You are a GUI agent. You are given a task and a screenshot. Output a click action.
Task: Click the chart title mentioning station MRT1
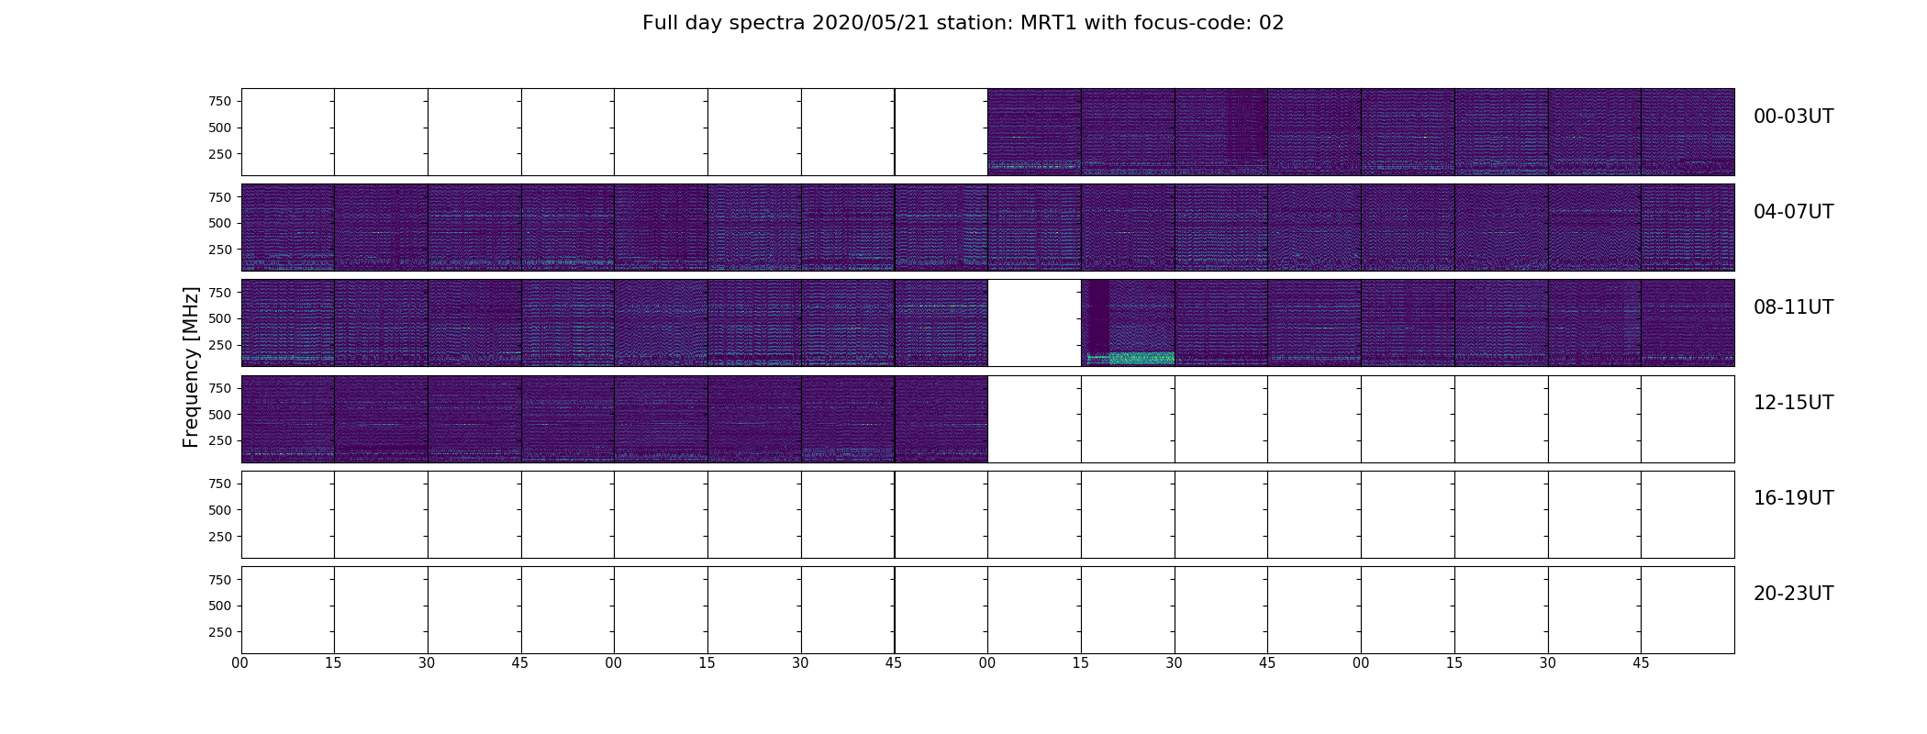pos(963,23)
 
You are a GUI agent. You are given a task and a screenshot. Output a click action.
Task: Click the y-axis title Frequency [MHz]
pos(191,367)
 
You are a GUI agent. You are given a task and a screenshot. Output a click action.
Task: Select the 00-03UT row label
pos(1793,117)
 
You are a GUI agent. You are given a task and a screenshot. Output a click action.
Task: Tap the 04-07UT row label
pos(1793,212)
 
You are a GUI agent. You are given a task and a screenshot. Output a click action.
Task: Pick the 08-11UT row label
pos(1793,307)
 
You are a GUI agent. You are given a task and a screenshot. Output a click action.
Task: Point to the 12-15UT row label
pos(1793,403)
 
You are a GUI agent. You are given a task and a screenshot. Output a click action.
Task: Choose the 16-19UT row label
pos(1793,498)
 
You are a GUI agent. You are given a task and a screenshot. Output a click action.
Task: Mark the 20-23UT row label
pos(1793,594)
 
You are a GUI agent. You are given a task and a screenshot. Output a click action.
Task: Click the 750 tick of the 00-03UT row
pos(220,101)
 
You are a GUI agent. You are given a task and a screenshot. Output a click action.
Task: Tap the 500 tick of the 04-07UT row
pos(220,223)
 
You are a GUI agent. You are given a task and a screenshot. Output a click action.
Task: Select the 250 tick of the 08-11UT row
pos(220,345)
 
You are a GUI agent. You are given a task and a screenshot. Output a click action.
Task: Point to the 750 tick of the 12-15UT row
pos(220,388)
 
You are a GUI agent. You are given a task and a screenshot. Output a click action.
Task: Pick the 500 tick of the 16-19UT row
pos(220,510)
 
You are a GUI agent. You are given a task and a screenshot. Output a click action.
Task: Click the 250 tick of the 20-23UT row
pos(220,632)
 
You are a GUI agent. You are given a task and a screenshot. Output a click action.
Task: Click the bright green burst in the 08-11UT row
pos(1142,358)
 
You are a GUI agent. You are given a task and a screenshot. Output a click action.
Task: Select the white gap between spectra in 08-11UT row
pos(1034,323)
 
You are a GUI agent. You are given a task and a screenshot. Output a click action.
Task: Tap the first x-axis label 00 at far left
pos(240,662)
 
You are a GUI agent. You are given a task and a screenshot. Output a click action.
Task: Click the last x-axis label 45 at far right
pos(1641,662)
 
